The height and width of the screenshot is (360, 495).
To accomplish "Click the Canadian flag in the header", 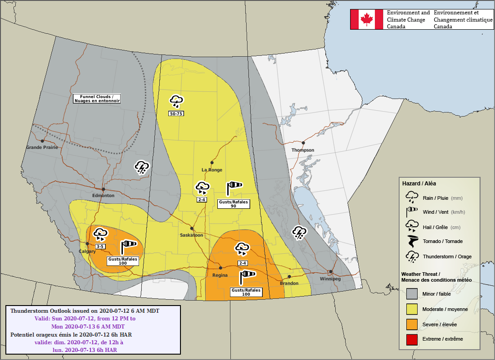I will (x=366, y=19).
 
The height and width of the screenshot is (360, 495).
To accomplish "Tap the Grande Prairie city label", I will (x=42, y=147).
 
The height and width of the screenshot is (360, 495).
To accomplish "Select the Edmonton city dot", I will (x=103, y=189).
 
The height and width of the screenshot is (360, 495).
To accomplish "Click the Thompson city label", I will (x=302, y=150).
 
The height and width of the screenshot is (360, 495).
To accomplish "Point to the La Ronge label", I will (x=211, y=170).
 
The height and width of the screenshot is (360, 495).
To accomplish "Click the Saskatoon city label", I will (x=191, y=235).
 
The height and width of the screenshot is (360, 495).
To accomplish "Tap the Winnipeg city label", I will (x=330, y=279).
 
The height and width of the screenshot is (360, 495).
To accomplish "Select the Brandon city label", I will (x=289, y=283).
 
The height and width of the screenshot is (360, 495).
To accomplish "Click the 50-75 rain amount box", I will (x=176, y=113).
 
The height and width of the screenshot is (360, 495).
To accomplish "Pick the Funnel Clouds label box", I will (x=97, y=99).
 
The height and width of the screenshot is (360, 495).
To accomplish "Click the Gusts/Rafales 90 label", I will (x=233, y=204).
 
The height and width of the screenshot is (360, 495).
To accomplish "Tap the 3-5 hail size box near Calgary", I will (x=100, y=246).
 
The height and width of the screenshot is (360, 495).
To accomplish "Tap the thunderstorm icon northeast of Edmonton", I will (x=142, y=167).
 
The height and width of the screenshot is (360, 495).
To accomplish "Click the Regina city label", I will (x=220, y=275).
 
